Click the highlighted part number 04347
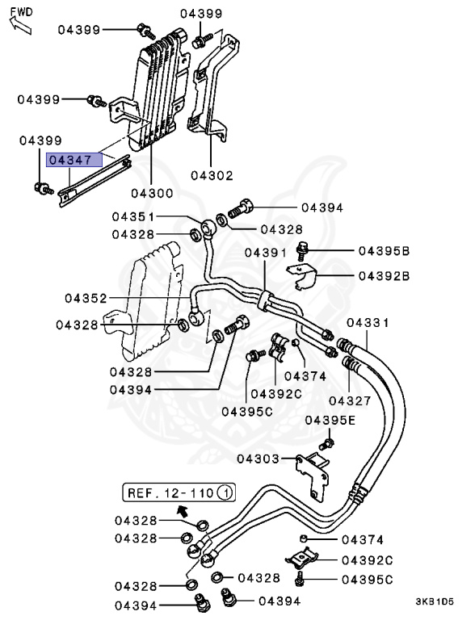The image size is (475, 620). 74,160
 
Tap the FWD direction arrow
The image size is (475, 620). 20,25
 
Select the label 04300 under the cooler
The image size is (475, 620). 153,194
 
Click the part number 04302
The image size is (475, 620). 212,175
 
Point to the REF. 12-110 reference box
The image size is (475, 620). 179,492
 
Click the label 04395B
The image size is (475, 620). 384,251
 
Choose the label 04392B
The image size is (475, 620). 384,275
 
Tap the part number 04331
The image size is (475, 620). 368,323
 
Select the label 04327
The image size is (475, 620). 350,400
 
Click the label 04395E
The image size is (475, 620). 330,421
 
